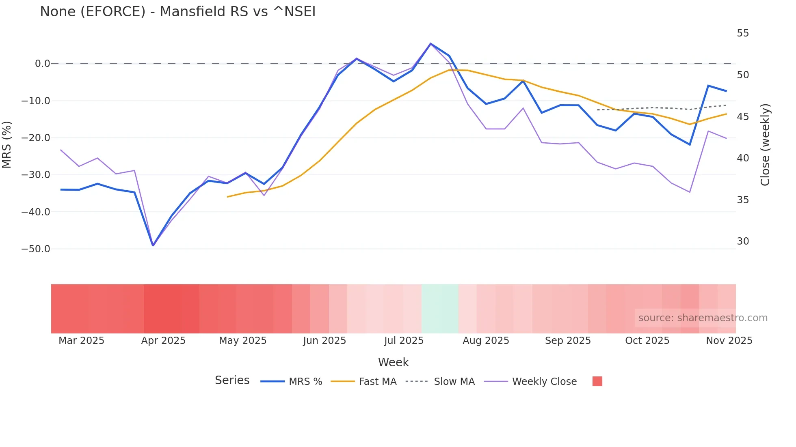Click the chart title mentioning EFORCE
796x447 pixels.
click(177, 12)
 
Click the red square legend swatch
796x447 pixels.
click(597, 381)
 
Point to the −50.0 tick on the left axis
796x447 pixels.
click(36, 249)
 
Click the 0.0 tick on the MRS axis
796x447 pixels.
click(42, 64)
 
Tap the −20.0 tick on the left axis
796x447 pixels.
click(36, 138)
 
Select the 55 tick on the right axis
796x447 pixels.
click(743, 33)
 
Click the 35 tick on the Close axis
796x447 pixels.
click(743, 200)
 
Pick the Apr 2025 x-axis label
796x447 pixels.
click(163, 341)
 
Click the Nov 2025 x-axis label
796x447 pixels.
click(729, 341)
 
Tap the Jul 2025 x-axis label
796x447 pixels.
click(404, 341)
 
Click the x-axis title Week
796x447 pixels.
click(393, 362)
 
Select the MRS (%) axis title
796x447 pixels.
click(7, 144)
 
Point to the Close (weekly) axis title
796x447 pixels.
click(765, 145)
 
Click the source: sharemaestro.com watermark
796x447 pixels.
click(703, 318)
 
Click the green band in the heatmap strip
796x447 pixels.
click(440, 309)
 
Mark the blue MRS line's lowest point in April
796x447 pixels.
click(153, 245)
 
